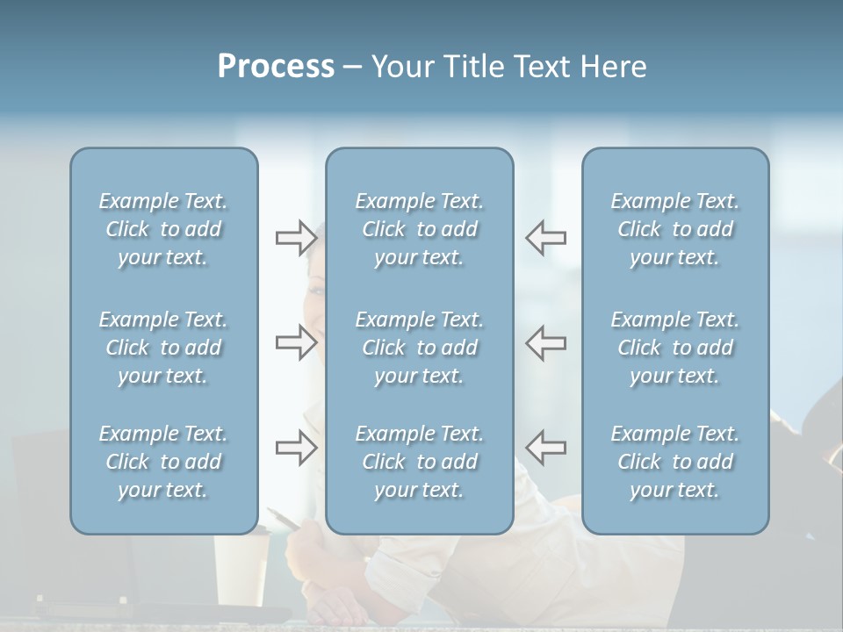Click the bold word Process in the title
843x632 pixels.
[x=276, y=67]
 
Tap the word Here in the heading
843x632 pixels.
[x=614, y=67]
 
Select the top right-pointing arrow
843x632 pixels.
[x=296, y=237]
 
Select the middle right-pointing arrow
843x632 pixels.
[x=296, y=342]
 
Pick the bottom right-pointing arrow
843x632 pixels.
[x=296, y=448]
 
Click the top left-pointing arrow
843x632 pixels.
[x=545, y=237]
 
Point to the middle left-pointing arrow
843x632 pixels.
[x=545, y=342]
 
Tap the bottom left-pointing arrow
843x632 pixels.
[x=545, y=448]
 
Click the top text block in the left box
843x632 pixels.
[x=163, y=229]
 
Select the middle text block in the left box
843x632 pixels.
[x=163, y=348]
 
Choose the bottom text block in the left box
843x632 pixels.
[x=163, y=462]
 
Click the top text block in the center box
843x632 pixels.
[x=420, y=229]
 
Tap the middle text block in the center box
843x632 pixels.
[x=420, y=348]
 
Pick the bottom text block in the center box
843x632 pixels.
[x=420, y=462]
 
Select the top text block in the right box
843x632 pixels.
[x=675, y=229]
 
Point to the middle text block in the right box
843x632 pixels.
[x=675, y=348]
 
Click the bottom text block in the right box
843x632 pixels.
[x=675, y=462]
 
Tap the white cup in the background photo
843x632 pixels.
[x=242, y=571]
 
